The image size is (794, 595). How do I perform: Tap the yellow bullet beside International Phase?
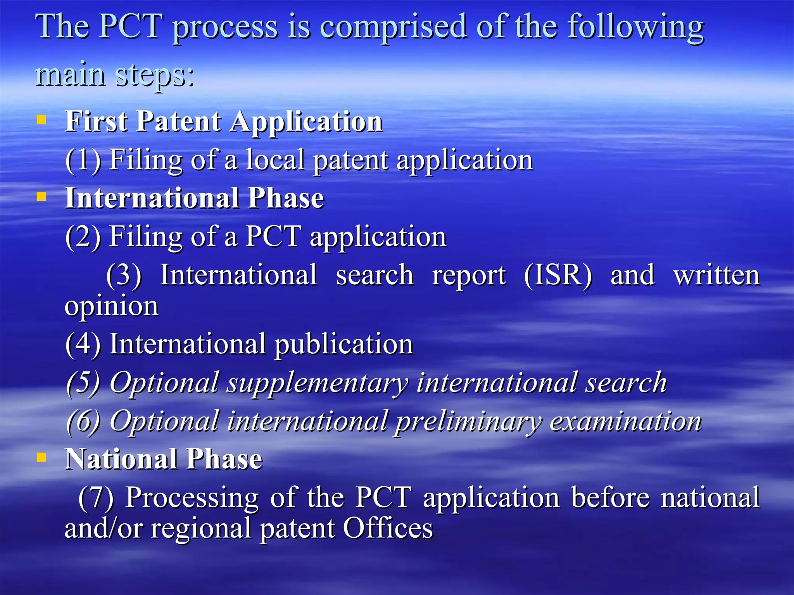pos(41,196)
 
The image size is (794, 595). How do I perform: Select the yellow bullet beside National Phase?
pos(41,457)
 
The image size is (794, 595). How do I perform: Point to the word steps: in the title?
pos(155,76)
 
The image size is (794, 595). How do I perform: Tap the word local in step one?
pos(276,160)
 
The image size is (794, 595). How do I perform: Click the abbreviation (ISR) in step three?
pos(558,275)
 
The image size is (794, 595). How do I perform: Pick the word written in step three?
pos(716,275)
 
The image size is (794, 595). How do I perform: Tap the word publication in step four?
pos(344,344)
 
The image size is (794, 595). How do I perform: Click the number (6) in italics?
pos(83,421)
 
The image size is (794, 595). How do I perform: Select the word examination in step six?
pos(625,421)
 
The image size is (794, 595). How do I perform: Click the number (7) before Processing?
pos(96,498)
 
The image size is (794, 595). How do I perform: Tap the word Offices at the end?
pos(388,528)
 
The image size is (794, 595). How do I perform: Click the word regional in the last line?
pos(201,529)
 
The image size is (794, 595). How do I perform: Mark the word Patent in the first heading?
pos(179,121)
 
